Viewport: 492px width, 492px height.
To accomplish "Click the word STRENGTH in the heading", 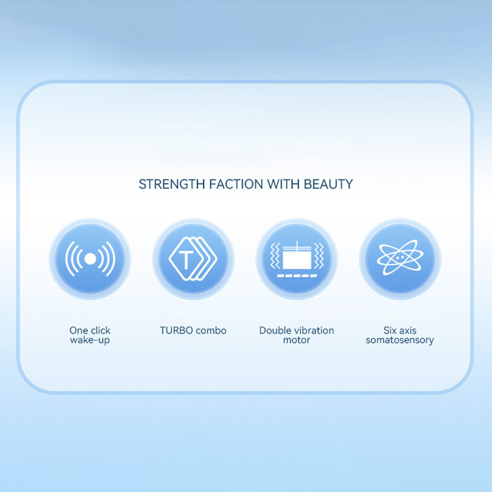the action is (x=172, y=184).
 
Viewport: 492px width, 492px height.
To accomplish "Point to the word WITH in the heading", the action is (x=284, y=184).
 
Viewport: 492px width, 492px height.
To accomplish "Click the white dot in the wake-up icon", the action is (x=90, y=258).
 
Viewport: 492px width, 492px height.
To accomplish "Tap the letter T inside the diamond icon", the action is (x=186, y=260).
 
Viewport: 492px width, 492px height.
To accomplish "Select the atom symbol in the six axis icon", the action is (x=400, y=258).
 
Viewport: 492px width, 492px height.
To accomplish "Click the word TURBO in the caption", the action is (x=177, y=330).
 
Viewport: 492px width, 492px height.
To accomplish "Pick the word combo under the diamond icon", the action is (x=211, y=330).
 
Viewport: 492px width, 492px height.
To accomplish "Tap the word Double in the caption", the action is (x=274, y=330).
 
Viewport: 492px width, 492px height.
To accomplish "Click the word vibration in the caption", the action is (x=313, y=330).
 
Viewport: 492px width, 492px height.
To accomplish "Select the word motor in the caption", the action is (x=296, y=340).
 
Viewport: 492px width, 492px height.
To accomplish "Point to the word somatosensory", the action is (x=400, y=340).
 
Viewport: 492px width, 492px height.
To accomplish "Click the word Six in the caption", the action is (x=390, y=330).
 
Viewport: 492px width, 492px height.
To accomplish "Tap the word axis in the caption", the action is (x=408, y=330).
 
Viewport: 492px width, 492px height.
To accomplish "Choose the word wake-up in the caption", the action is (x=90, y=340).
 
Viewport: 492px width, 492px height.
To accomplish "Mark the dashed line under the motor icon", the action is (x=297, y=276).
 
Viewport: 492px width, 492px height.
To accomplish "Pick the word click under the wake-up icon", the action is (x=99, y=330).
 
